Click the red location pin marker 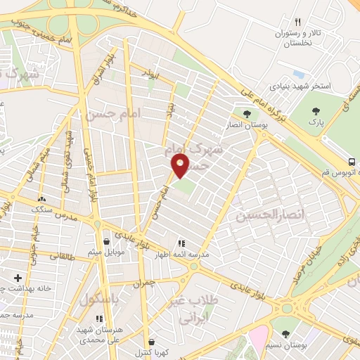[181, 166]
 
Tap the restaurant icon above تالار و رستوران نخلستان [297, 22]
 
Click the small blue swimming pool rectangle [298, 74]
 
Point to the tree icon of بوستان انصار [246, 112]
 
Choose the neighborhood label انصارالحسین [271, 214]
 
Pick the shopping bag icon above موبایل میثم [106, 241]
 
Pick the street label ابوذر [150, 73]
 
